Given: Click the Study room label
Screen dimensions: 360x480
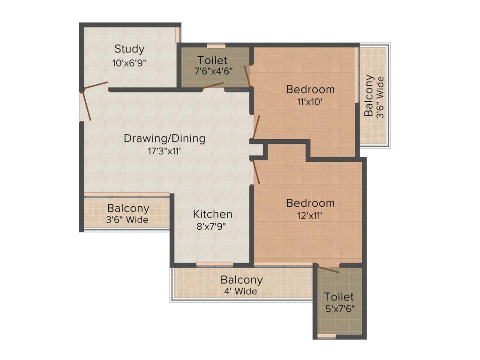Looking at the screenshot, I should click(129, 49).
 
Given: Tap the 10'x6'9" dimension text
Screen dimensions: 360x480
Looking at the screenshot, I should click(129, 63).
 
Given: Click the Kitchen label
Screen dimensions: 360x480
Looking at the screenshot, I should click(213, 214).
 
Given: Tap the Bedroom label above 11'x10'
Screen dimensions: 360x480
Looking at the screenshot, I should click(310, 89).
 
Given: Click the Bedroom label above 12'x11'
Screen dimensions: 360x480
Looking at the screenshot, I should click(310, 203).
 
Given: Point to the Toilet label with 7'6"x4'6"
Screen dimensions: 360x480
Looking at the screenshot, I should click(212, 60).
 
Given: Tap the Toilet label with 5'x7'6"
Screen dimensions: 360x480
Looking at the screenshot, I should click(339, 297).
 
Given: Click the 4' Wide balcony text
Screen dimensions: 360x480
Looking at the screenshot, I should click(241, 292).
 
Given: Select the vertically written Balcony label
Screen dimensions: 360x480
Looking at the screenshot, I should click(369, 95).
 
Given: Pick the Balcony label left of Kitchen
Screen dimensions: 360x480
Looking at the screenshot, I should click(128, 208).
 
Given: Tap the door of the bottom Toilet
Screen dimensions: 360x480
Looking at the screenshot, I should click(328, 269).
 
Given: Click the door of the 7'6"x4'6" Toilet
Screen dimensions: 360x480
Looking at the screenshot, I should click(213, 86).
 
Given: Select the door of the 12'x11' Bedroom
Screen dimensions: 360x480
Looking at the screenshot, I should click(255, 172).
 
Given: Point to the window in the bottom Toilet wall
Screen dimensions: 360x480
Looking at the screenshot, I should click(326, 336).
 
